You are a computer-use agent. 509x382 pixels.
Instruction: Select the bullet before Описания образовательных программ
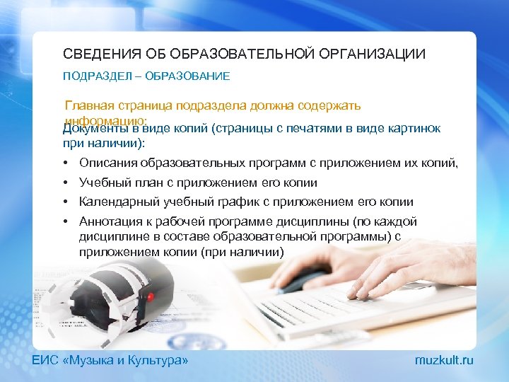point(66,164)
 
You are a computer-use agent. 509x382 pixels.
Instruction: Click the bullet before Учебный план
point(66,183)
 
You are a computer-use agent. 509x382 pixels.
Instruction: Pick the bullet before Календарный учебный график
point(66,202)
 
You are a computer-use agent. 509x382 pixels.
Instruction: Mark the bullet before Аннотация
point(66,221)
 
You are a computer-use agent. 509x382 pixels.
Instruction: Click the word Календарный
point(115,202)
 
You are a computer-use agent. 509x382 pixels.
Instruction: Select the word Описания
point(105,164)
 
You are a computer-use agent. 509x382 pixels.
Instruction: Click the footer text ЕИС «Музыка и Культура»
point(111,361)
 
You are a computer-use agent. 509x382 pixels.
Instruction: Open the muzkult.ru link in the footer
point(444,361)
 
